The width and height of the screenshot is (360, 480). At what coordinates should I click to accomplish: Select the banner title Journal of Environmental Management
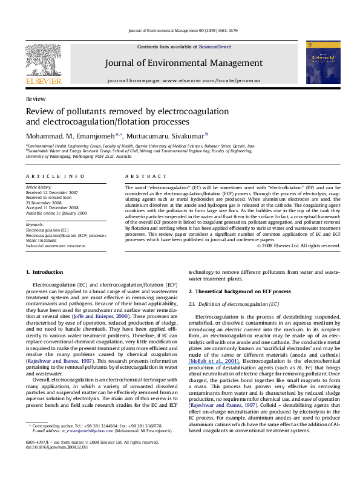coord(184,63)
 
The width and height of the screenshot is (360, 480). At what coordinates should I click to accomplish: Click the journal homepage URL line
coord(184,80)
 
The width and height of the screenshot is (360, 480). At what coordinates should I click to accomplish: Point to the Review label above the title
coord(34,98)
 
